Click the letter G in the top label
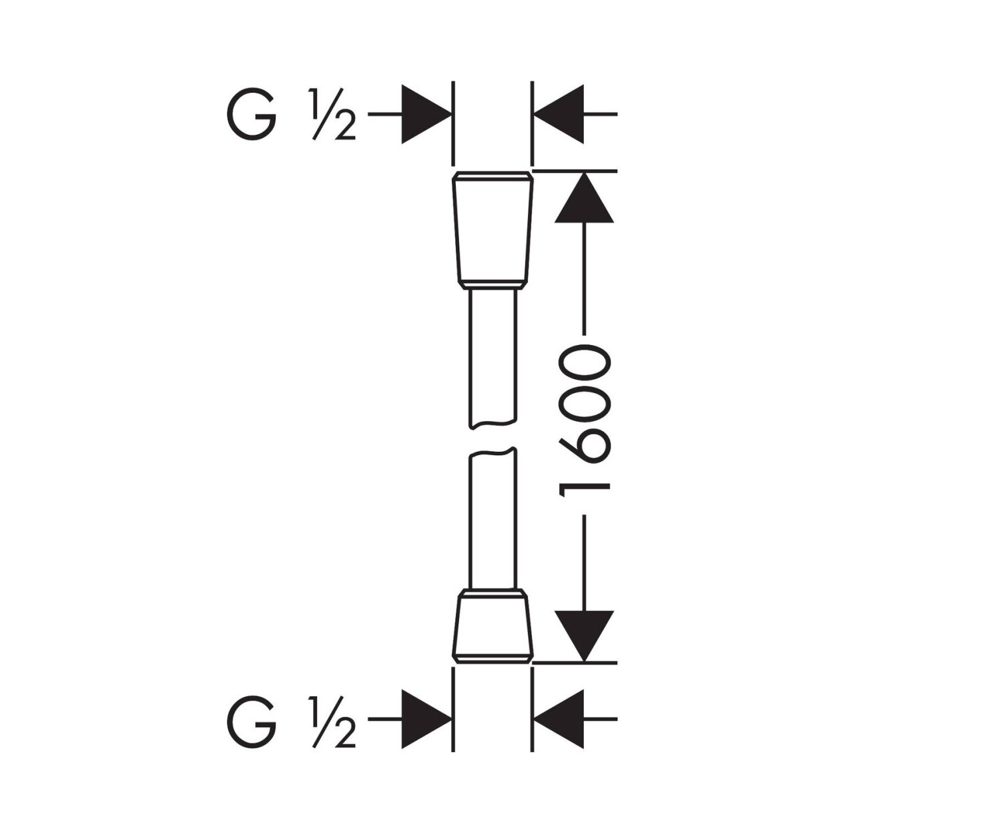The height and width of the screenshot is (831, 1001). point(252,115)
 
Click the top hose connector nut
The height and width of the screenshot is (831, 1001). point(492,230)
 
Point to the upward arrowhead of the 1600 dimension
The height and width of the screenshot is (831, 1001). point(584,198)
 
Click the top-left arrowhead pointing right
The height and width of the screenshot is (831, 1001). point(426,114)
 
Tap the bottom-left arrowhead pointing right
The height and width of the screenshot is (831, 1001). point(426,720)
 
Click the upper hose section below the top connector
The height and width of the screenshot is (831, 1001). point(492,354)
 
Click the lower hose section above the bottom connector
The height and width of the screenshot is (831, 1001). point(492,521)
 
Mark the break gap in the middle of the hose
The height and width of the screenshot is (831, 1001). point(492,438)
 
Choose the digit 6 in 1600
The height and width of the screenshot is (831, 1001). point(585,443)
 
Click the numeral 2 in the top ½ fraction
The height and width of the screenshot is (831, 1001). point(343,127)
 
